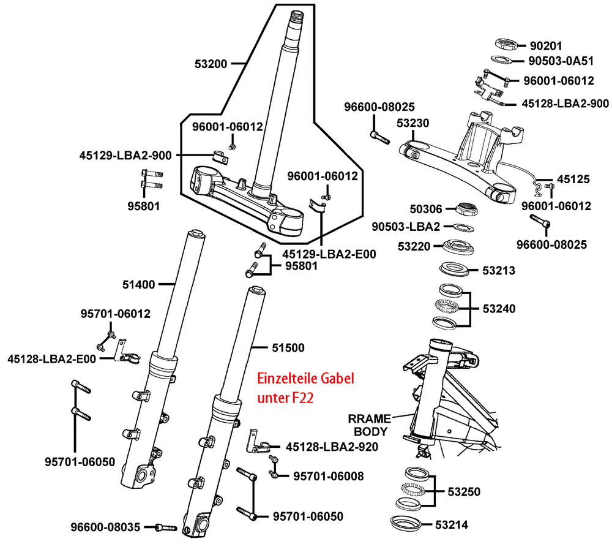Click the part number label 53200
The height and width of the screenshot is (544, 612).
211,64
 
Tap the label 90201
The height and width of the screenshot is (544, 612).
546,46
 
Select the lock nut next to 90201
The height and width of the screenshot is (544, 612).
507,43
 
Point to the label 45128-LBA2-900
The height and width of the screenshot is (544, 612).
565,104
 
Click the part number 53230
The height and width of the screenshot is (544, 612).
413,123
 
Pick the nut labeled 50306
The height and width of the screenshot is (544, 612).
467,209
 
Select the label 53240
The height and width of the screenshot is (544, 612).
499,309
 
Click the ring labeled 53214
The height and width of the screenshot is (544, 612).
406,523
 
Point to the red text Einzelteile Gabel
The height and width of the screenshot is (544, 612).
305,379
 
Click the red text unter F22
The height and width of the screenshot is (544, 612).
285,398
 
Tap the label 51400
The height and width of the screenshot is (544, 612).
138,284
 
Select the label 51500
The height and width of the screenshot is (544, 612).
288,347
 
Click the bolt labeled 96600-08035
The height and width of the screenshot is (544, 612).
166,527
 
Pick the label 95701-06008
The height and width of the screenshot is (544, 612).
328,476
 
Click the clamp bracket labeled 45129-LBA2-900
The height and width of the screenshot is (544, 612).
220,156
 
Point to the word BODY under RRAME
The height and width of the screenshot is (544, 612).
370,432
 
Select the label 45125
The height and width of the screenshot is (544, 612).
573,179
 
